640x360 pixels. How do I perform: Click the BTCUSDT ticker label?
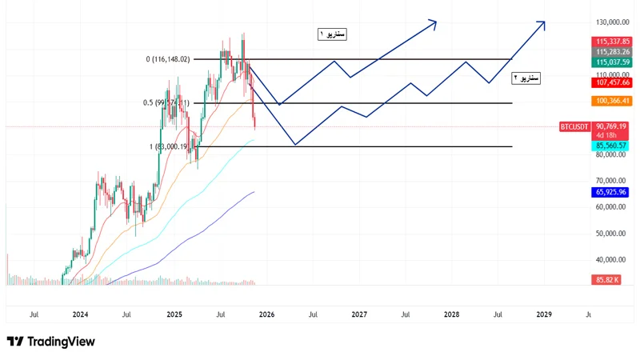[x=574, y=126]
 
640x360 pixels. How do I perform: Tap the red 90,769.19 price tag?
[x=612, y=126]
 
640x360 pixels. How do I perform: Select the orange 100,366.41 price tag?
[x=612, y=101]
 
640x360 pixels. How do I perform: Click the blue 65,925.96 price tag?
[x=612, y=192]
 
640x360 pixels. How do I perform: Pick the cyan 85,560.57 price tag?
[x=612, y=146]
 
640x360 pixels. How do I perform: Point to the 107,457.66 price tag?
[x=612, y=82]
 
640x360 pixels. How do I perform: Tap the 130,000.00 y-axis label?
[x=612, y=23]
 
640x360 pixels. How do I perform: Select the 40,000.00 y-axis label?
[x=612, y=259]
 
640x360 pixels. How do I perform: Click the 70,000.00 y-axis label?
[x=612, y=181]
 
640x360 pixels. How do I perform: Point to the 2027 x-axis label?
[x=359, y=315]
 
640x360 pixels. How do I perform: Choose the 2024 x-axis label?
[x=80, y=315]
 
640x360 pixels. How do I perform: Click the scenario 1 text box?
[x=331, y=34]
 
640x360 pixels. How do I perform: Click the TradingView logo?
[x=51, y=342]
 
